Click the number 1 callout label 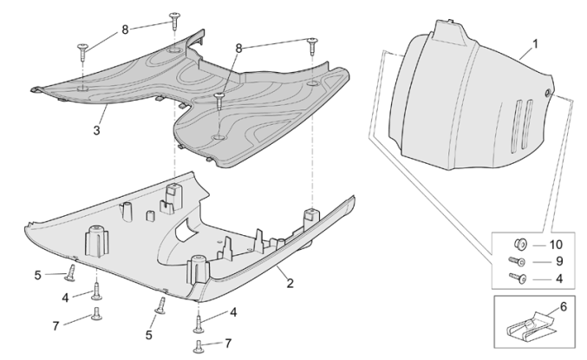pos(535,43)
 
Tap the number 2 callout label pos(290,283)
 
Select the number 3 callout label pos(98,131)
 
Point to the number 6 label pos(563,306)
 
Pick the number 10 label pos(556,245)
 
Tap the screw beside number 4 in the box pos(522,278)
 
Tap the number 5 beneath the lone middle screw pos(148,334)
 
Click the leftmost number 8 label pos(125,29)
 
